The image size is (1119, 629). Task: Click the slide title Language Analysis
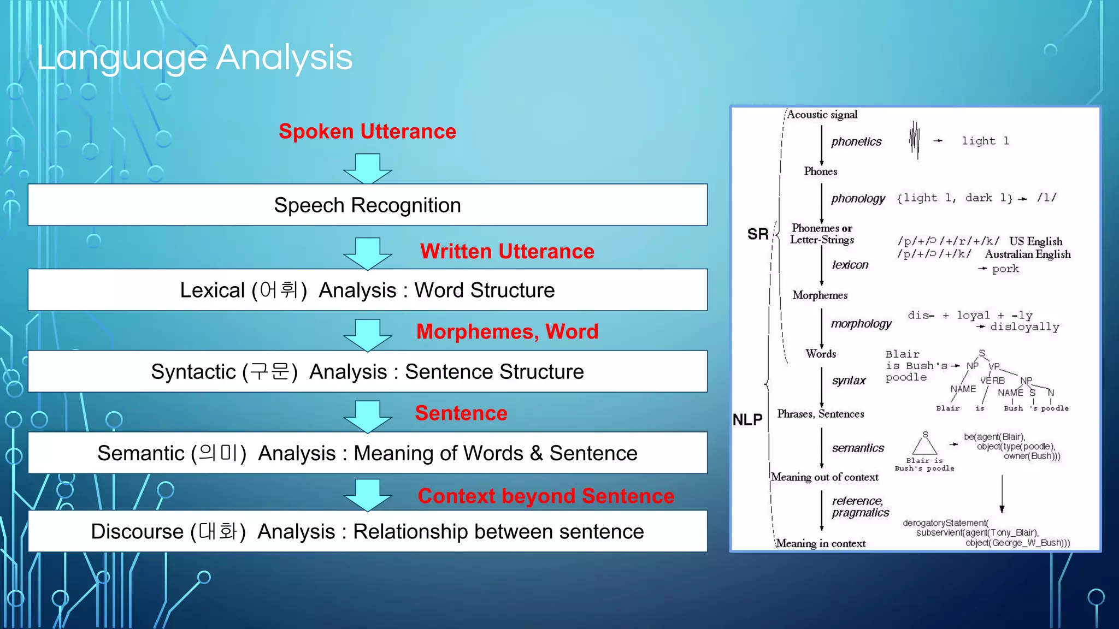(x=195, y=58)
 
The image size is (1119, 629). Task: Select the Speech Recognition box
(x=367, y=205)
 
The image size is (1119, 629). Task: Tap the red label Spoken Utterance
(x=367, y=132)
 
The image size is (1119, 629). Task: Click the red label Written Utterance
(x=507, y=252)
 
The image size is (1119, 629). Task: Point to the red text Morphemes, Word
(x=507, y=332)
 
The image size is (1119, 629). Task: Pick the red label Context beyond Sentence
(x=545, y=496)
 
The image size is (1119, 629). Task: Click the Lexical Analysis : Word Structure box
(x=367, y=290)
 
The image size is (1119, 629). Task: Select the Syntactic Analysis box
(x=367, y=372)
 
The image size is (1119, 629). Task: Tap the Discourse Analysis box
(x=367, y=532)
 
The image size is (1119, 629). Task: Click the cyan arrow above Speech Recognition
(x=367, y=168)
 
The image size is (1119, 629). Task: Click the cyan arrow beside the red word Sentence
(x=367, y=416)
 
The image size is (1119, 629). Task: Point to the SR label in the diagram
(x=757, y=235)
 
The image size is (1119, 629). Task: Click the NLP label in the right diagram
(x=747, y=420)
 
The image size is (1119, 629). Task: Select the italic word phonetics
(x=856, y=142)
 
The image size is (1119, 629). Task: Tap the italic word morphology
(x=861, y=324)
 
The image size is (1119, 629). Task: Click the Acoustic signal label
(x=822, y=115)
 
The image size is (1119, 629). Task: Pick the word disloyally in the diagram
(x=1024, y=327)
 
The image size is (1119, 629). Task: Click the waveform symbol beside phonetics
(x=914, y=140)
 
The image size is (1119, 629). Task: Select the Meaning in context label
(x=821, y=543)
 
